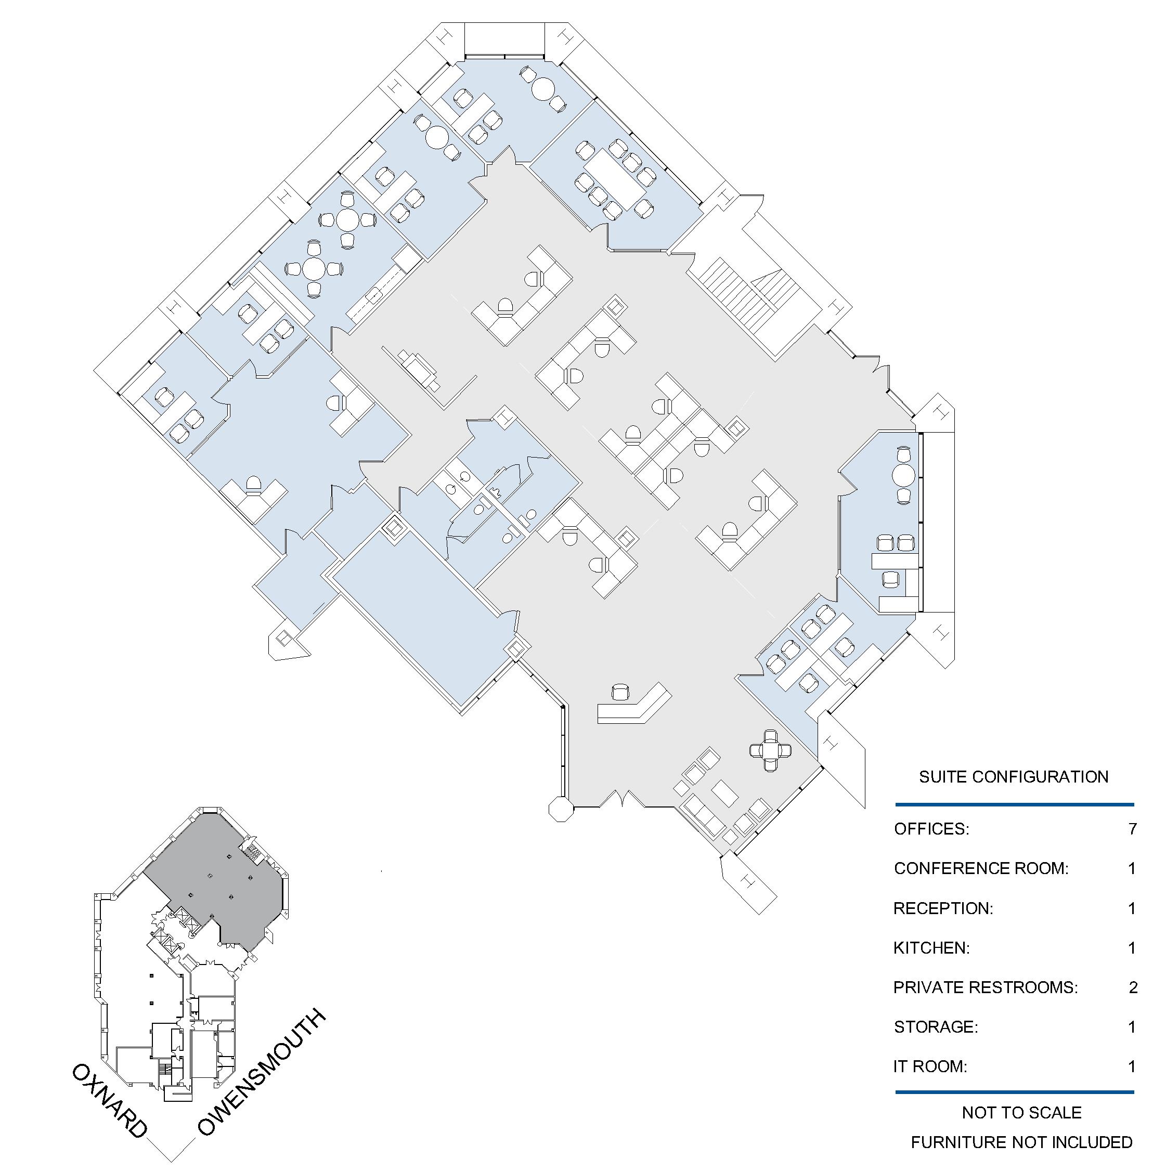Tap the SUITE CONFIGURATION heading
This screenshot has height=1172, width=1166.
(x=1014, y=777)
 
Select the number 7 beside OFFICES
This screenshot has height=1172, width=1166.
(x=1132, y=829)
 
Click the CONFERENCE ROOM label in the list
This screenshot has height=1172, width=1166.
(x=981, y=869)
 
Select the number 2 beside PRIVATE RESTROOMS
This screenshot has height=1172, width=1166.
(x=1133, y=987)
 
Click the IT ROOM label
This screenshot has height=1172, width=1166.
(x=930, y=1066)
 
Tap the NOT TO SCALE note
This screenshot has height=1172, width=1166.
(x=1021, y=1113)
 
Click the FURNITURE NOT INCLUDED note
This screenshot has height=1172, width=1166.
(x=1021, y=1143)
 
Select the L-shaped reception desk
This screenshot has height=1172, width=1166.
(x=634, y=704)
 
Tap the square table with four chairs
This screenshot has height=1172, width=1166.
(x=770, y=750)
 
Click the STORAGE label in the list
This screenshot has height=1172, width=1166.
(x=936, y=1027)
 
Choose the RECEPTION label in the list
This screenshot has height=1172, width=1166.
(x=943, y=908)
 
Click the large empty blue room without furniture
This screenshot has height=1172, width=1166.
(x=425, y=619)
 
